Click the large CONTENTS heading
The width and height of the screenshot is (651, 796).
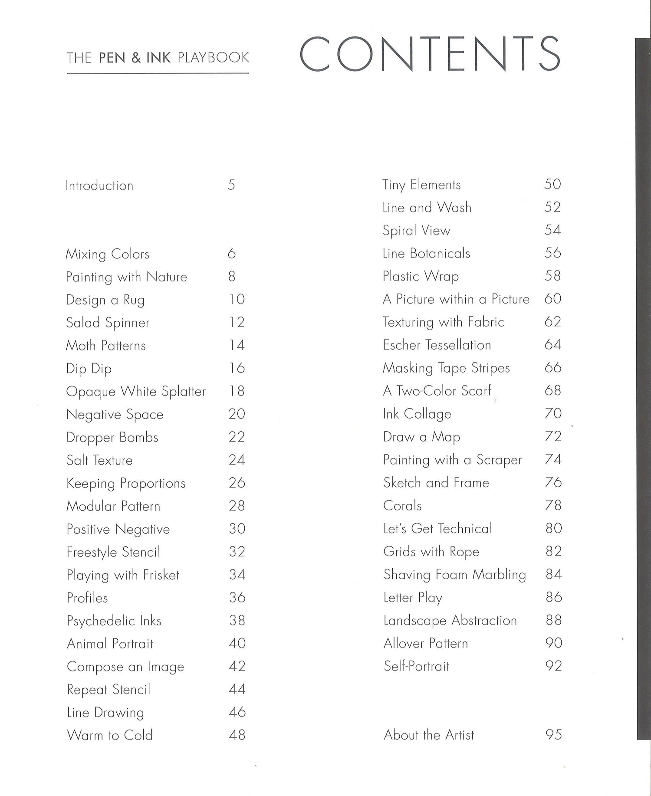pyautogui.click(x=430, y=54)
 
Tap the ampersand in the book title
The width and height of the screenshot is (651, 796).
pyautogui.click(x=136, y=58)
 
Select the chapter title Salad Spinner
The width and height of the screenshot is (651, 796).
pyautogui.click(x=108, y=323)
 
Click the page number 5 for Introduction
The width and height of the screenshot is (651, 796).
pyautogui.click(x=231, y=185)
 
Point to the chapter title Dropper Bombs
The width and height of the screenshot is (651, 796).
pyautogui.click(x=112, y=437)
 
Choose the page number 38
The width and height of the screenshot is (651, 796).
pyautogui.click(x=237, y=621)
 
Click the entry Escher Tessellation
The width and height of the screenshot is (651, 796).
pyautogui.click(x=437, y=345)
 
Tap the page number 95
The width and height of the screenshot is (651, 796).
pyautogui.click(x=553, y=735)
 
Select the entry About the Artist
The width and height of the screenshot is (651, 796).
pyautogui.click(x=429, y=735)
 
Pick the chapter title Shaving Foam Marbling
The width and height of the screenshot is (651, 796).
pyautogui.click(x=454, y=575)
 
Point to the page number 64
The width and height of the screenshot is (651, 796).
pyautogui.click(x=553, y=345)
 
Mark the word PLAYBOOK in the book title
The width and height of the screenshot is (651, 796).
pyautogui.click(x=213, y=58)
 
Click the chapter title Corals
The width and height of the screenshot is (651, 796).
pyautogui.click(x=402, y=506)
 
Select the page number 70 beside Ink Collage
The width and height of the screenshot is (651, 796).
pyautogui.click(x=553, y=413)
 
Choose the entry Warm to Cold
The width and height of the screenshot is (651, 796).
pyautogui.click(x=109, y=735)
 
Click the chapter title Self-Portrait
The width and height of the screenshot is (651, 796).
pyautogui.click(x=416, y=666)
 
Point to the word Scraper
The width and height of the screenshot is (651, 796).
pyautogui.click(x=499, y=460)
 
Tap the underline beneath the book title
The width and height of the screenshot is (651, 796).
pyautogui.click(x=158, y=73)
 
